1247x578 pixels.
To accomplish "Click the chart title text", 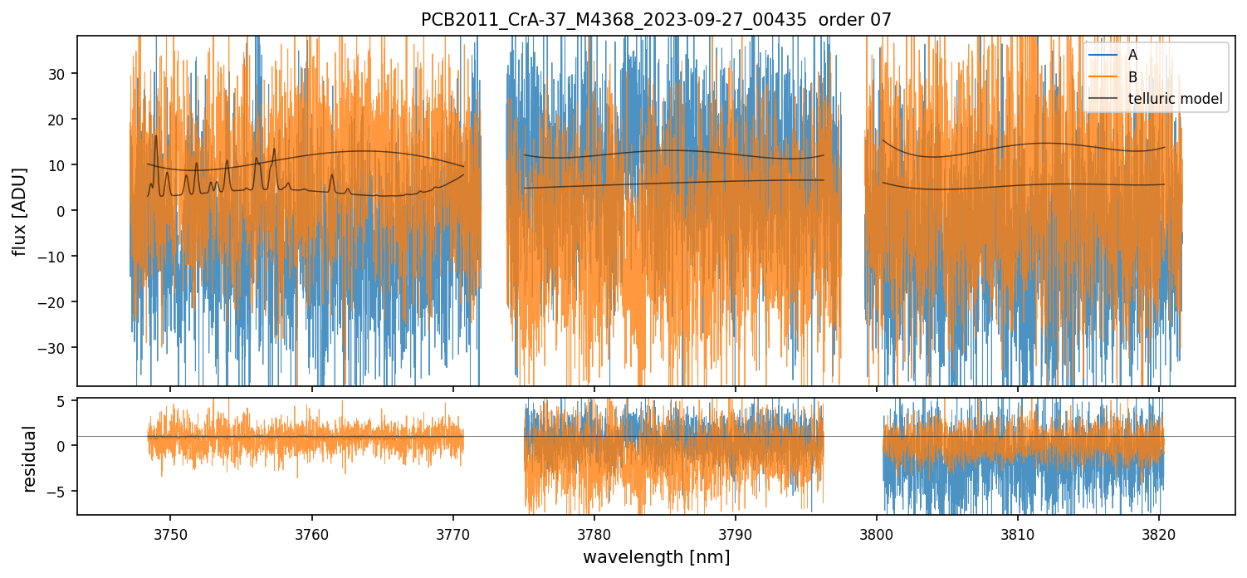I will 656,20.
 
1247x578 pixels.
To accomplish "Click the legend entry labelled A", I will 1132,55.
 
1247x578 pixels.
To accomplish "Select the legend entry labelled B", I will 1132,77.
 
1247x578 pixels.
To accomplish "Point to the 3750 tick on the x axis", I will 171,531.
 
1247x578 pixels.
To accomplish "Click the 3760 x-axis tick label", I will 312,531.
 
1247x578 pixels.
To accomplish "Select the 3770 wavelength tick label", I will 453,531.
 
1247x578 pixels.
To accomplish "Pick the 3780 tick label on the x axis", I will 594,531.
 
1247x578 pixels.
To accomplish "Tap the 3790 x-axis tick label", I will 736,531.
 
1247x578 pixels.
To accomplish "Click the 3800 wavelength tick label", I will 877,531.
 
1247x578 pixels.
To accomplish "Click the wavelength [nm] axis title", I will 656,556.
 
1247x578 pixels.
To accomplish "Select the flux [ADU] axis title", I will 20,211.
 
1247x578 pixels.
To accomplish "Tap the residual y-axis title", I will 30,458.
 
